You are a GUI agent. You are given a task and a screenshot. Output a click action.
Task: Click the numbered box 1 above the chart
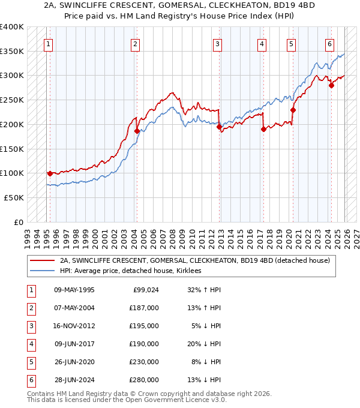pos(47,43)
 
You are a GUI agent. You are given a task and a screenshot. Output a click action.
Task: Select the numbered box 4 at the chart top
pos(262,43)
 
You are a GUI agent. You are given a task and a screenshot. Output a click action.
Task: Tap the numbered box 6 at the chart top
pos(329,43)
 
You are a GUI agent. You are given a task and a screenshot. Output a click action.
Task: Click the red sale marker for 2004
pos(137,131)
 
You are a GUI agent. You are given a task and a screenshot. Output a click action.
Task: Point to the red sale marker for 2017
pos(263,129)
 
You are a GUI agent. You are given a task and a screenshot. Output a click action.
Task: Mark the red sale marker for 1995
pos(50,173)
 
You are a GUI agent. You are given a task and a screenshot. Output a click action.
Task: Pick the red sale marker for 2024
pos(331,85)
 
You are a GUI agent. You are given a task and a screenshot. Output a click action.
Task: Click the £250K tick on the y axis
pos(12,100)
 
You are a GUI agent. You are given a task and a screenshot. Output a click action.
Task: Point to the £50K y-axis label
pos(14,197)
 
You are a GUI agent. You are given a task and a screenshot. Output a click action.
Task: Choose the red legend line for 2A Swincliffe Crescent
pos(42,261)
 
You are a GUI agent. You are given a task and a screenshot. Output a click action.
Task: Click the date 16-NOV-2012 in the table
pos(74,326)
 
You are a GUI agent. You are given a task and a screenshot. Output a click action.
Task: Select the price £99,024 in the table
pos(145,290)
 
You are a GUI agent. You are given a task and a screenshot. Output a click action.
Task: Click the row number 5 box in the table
pos(29,362)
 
